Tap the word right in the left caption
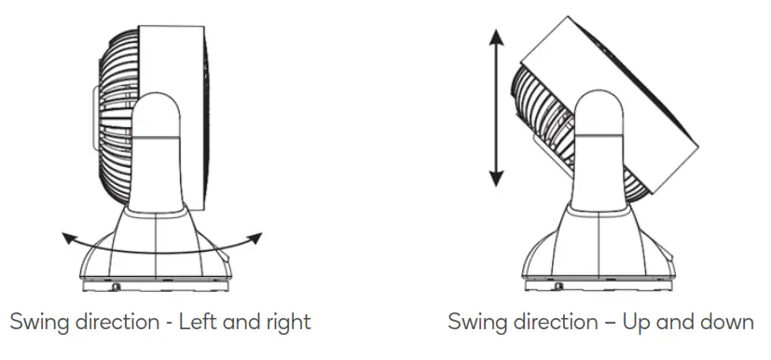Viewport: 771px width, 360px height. click(x=287, y=323)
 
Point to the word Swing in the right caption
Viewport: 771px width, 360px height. click(x=476, y=323)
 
